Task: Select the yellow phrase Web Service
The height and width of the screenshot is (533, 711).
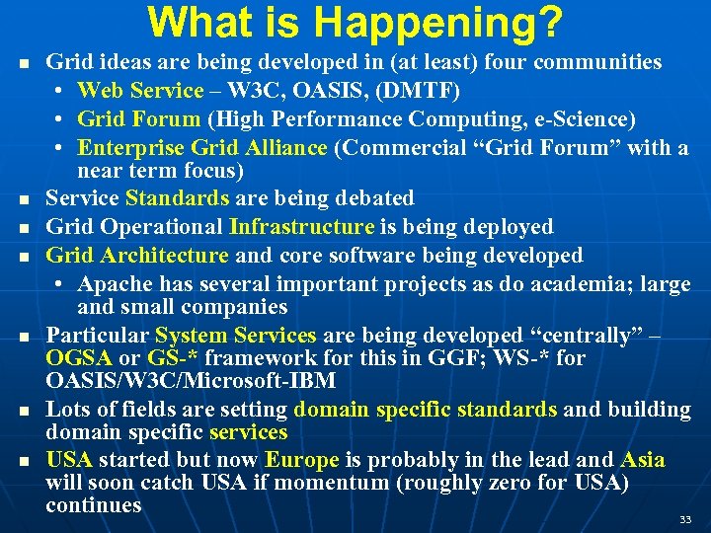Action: pos(139,91)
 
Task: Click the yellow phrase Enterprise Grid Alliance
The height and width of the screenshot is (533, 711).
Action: pos(201,148)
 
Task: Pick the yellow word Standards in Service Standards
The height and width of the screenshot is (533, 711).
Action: pos(178,198)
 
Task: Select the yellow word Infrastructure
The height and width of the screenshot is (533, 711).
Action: pos(301,227)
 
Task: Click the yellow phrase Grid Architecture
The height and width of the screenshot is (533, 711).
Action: pos(137,256)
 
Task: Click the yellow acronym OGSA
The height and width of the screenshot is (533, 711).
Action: pos(79,357)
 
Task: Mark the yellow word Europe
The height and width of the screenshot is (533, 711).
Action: pos(302,460)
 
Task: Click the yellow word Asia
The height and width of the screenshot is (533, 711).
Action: pos(642,460)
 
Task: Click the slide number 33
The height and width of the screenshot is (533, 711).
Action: pos(685,518)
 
